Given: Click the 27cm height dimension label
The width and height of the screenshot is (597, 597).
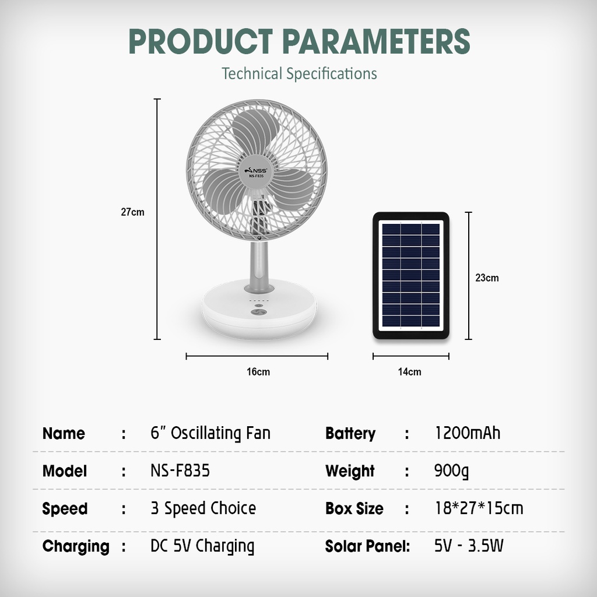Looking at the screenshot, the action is pos(132,212).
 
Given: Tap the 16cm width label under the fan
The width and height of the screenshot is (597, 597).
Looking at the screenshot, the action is pos(258,371).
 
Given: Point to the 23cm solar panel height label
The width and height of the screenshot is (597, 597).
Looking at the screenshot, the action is pos(487,278).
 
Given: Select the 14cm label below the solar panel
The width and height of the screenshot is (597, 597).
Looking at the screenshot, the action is pos(410,371).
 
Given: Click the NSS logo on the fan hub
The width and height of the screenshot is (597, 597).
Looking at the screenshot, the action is pos(256,171).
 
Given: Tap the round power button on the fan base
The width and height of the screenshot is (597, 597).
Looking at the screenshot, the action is pos(259,312).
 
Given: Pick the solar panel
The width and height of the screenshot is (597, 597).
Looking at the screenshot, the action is pos(411,275).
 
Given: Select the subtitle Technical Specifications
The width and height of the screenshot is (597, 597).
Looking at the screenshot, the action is pos(299,73).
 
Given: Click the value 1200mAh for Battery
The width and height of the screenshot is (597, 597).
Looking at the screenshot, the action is pos(468,433).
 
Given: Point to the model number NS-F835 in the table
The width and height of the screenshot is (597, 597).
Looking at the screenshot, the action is pos(180,470).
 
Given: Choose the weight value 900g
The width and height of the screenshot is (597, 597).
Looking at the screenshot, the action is pos(451,471).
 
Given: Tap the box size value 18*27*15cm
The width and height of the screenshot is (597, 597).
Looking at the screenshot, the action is pos(479,508).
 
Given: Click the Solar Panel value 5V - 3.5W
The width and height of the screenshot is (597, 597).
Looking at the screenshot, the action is pos(469,546).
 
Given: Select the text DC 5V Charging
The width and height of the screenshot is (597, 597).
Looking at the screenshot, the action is pos(202,546).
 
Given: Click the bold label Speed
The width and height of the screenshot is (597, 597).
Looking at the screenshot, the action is pos(65,509).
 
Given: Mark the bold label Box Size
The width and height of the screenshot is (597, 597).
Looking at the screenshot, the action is pos(354,508).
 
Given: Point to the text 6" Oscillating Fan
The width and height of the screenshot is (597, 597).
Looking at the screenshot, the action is pos(210,433).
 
